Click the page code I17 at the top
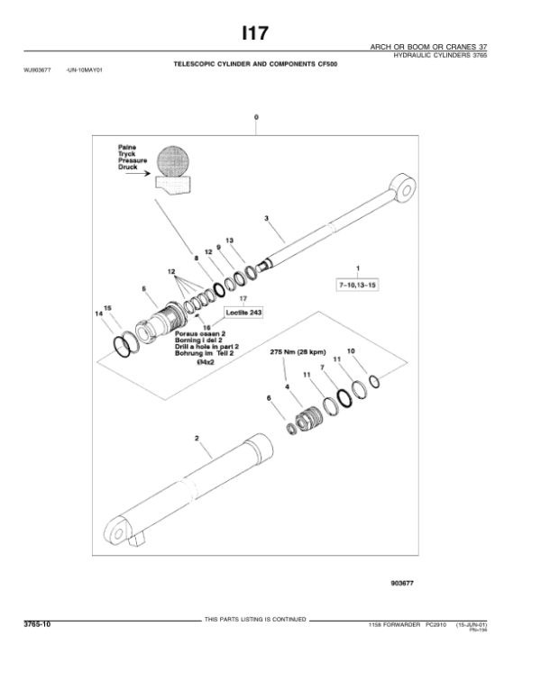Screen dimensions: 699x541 (x=254, y=33)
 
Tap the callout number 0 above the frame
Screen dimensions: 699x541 (x=256, y=118)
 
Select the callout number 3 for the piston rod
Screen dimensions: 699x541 (x=267, y=219)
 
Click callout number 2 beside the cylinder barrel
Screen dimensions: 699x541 (x=197, y=438)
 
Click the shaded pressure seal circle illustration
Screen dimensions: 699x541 (x=175, y=162)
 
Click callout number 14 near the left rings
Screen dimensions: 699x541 (x=99, y=313)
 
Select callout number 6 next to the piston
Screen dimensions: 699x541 (x=267, y=397)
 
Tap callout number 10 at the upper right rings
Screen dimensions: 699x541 (x=352, y=350)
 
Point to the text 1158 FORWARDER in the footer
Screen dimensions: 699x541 (x=391, y=625)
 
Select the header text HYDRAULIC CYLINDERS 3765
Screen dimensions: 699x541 (x=440, y=56)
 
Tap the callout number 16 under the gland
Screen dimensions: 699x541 (x=206, y=328)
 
